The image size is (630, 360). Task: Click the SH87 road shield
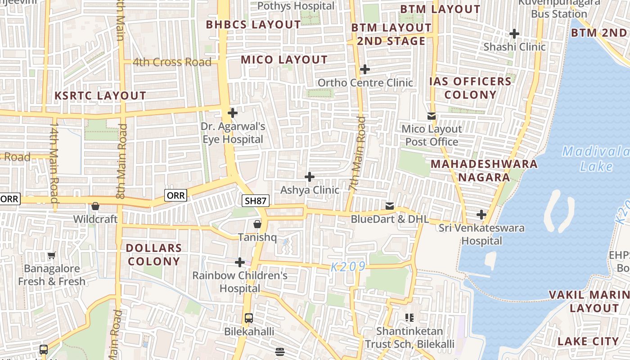[x=256, y=201]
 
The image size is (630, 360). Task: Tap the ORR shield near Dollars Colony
[x=175, y=195]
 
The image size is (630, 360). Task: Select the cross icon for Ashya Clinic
[x=310, y=177]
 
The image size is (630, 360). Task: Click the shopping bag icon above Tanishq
[x=257, y=224]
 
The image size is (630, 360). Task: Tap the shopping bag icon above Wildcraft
[x=95, y=206]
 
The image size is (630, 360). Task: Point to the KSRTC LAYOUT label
[x=100, y=95]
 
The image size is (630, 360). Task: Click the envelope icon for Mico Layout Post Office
[x=432, y=116]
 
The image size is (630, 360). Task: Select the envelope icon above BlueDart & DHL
[x=390, y=206]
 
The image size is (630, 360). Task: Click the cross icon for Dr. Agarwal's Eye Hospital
[x=233, y=113]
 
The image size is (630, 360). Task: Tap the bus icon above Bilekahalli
[x=248, y=318]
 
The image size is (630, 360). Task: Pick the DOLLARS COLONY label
[x=154, y=254]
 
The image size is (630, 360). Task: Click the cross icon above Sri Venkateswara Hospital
[x=481, y=215]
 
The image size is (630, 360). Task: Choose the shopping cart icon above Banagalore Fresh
[x=52, y=256]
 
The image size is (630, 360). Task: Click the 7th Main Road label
[x=358, y=154]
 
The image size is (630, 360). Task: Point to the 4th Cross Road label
[x=172, y=62]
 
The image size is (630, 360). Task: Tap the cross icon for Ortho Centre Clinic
[x=365, y=69]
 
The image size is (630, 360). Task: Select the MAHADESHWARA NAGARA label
[x=484, y=171]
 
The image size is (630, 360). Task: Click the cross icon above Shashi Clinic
[x=514, y=34]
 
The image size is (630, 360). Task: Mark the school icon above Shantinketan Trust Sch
[x=409, y=318]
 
